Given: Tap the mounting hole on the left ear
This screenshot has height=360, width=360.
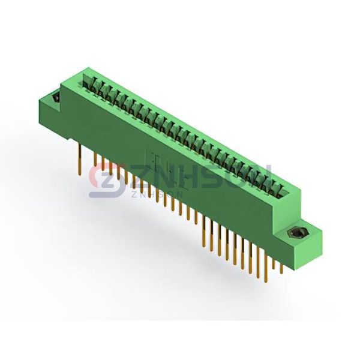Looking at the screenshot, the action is (x=56, y=98).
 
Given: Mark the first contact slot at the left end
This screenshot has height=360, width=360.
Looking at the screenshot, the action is (x=88, y=81).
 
